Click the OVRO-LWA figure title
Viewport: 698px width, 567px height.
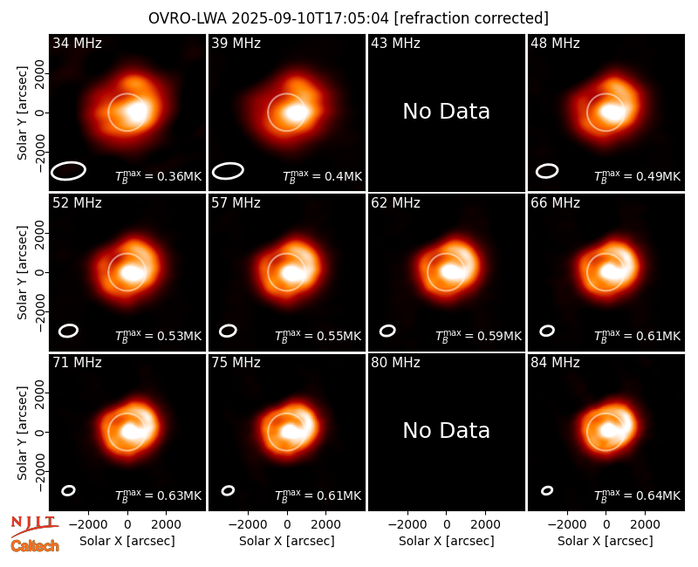[x=348, y=18]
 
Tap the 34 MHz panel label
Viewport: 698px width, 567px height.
[x=77, y=43]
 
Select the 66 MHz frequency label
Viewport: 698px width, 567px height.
[x=555, y=203]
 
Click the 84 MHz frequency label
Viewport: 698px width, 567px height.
[x=555, y=363]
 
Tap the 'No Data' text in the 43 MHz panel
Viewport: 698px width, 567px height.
[x=447, y=112]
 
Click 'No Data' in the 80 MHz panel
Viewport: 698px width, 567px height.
[x=447, y=431]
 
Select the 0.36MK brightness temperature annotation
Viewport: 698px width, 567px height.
[x=159, y=176]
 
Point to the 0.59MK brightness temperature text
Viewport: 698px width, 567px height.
[x=478, y=336]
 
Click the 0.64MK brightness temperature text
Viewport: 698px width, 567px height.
[x=638, y=495]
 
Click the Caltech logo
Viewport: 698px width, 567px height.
[x=35, y=546]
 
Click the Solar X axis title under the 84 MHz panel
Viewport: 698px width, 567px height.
[x=606, y=541]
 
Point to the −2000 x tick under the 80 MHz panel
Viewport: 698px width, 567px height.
[x=407, y=525]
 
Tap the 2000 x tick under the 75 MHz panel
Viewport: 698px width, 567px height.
[x=325, y=525]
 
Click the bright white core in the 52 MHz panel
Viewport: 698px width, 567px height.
[x=133, y=273]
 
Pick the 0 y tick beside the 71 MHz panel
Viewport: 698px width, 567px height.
[x=41, y=432]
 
